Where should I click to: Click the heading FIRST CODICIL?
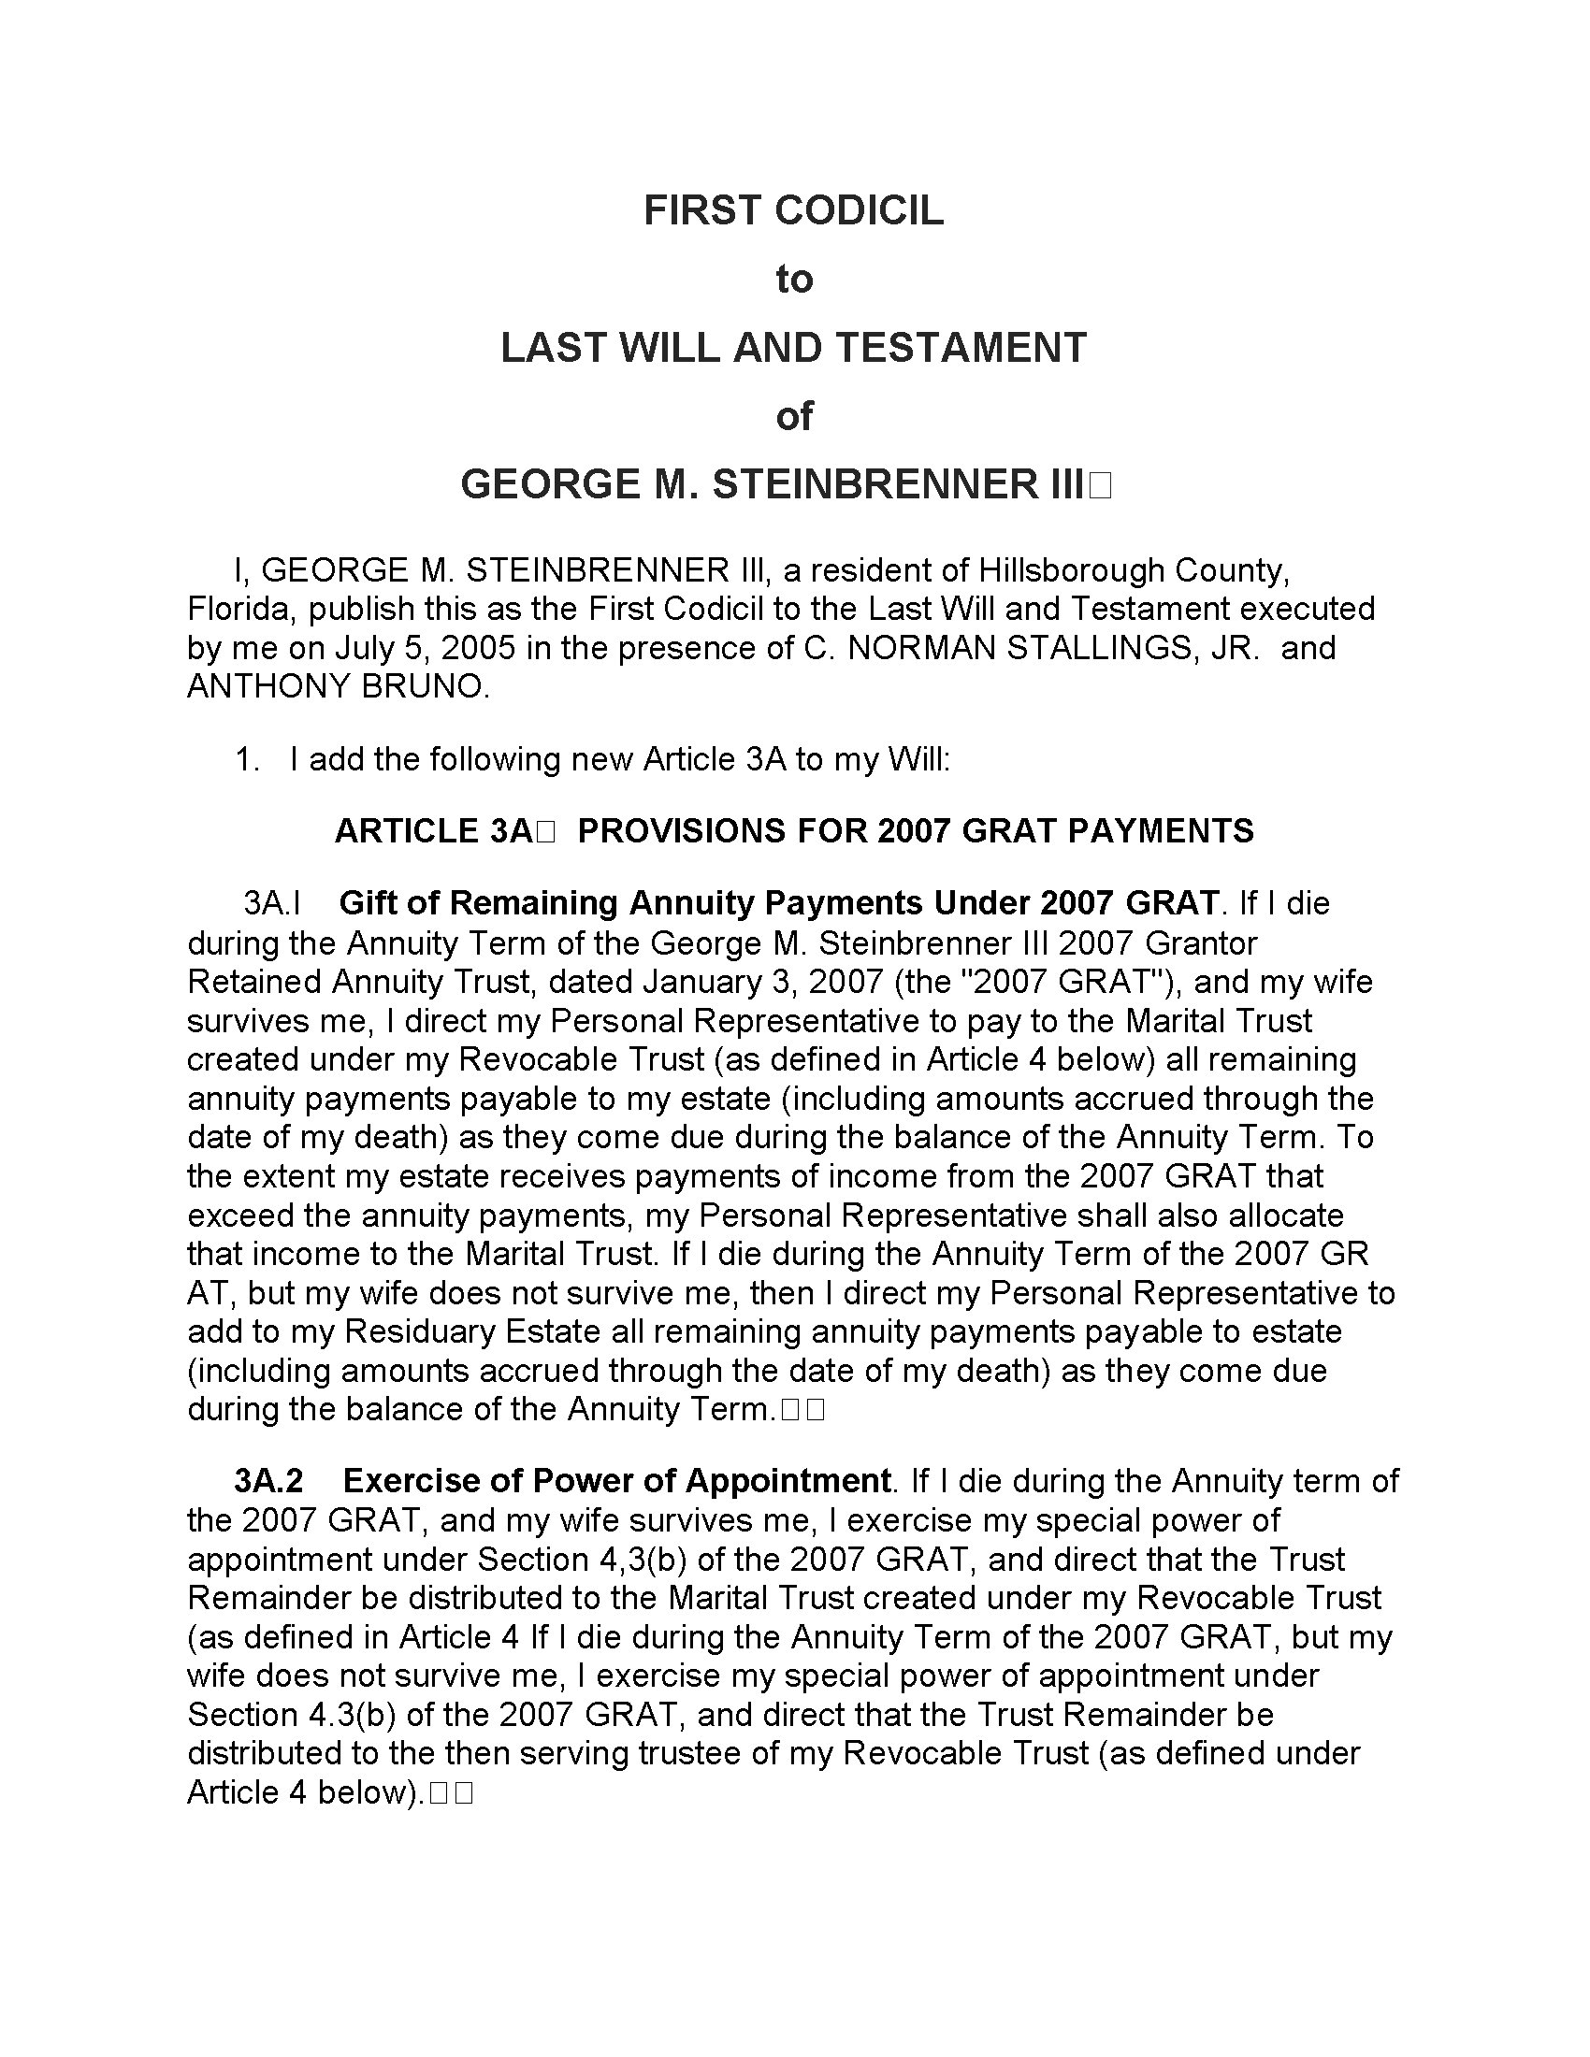(793, 210)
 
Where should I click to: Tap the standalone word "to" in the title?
(793, 280)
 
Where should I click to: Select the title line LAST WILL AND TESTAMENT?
(793, 348)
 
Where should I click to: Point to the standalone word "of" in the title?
(793, 416)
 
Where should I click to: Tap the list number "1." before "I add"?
(247, 759)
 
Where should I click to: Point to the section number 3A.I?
(271, 903)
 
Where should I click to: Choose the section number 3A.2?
(268, 1482)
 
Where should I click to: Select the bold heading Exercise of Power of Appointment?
(616, 1482)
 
